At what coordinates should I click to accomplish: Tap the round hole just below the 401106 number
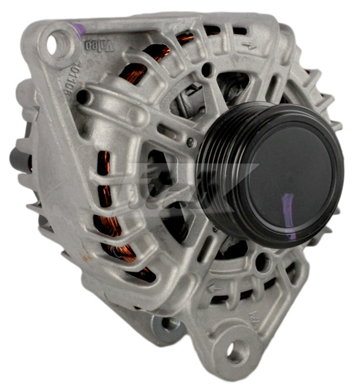click(83, 98)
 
